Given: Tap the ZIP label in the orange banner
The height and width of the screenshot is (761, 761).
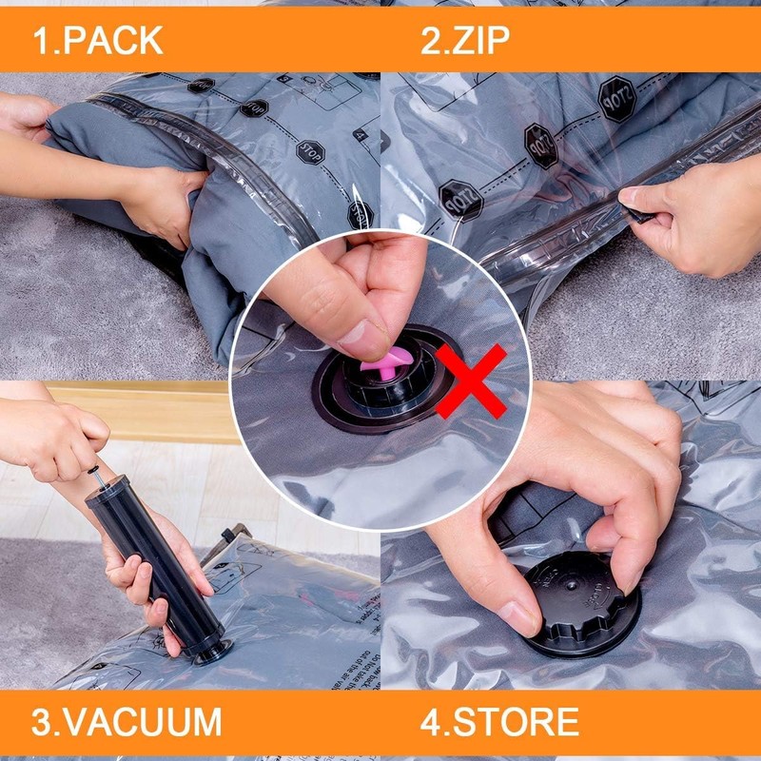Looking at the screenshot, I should click(481, 40).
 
